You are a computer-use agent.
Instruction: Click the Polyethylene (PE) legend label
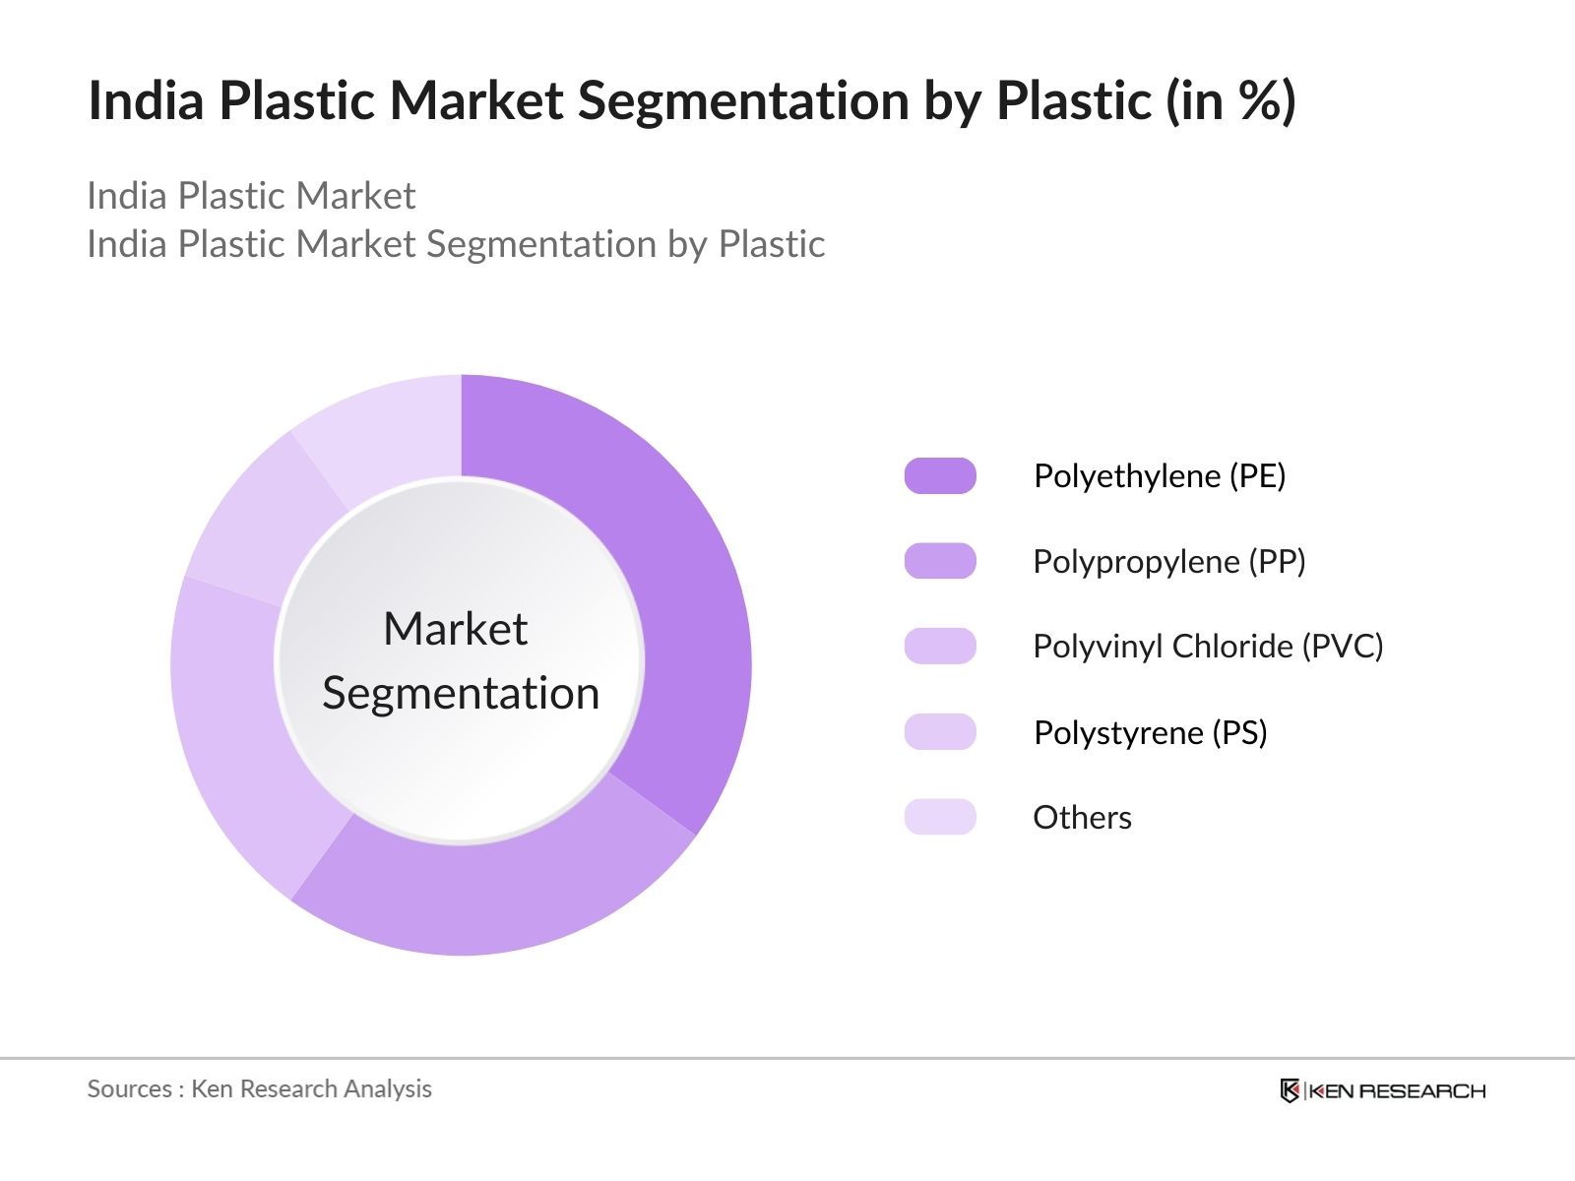pyautogui.click(x=1159, y=476)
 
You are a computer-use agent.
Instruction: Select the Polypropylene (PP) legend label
pyautogui.click(x=1168, y=562)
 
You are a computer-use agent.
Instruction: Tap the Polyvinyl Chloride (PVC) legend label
pyautogui.click(x=1208, y=647)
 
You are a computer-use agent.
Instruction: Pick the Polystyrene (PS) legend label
pyautogui.click(x=1150, y=732)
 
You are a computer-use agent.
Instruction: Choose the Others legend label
pyautogui.click(x=1082, y=818)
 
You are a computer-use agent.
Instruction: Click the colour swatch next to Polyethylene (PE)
pyautogui.click(x=940, y=476)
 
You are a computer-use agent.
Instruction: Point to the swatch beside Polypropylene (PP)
pyautogui.click(x=940, y=561)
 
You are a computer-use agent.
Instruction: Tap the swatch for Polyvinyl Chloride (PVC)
pyautogui.click(x=940, y=647)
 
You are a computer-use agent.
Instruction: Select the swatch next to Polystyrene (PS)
pyautogui.click(x=940, y=732)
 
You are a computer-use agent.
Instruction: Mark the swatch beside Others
pyautogui.click(x=940, y=817)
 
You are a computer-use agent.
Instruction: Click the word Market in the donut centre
pyautogui.click(x=455, y=629)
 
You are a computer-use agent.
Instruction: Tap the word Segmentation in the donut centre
pyautogui.click(x=461, y=694)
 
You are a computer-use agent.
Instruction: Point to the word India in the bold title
pyautogui.click(x=146, y=100)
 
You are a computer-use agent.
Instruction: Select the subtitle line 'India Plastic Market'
pyautogui.click(x=251, y=196)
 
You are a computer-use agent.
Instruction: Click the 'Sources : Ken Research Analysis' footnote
pyautogui.click(x=259, y=1088)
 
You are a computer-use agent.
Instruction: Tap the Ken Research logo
pyautogui.click(x=1382, y=1090)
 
